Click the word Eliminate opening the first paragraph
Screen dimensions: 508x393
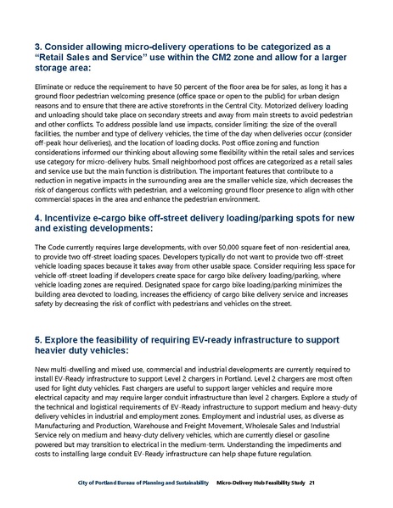(48, 87)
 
